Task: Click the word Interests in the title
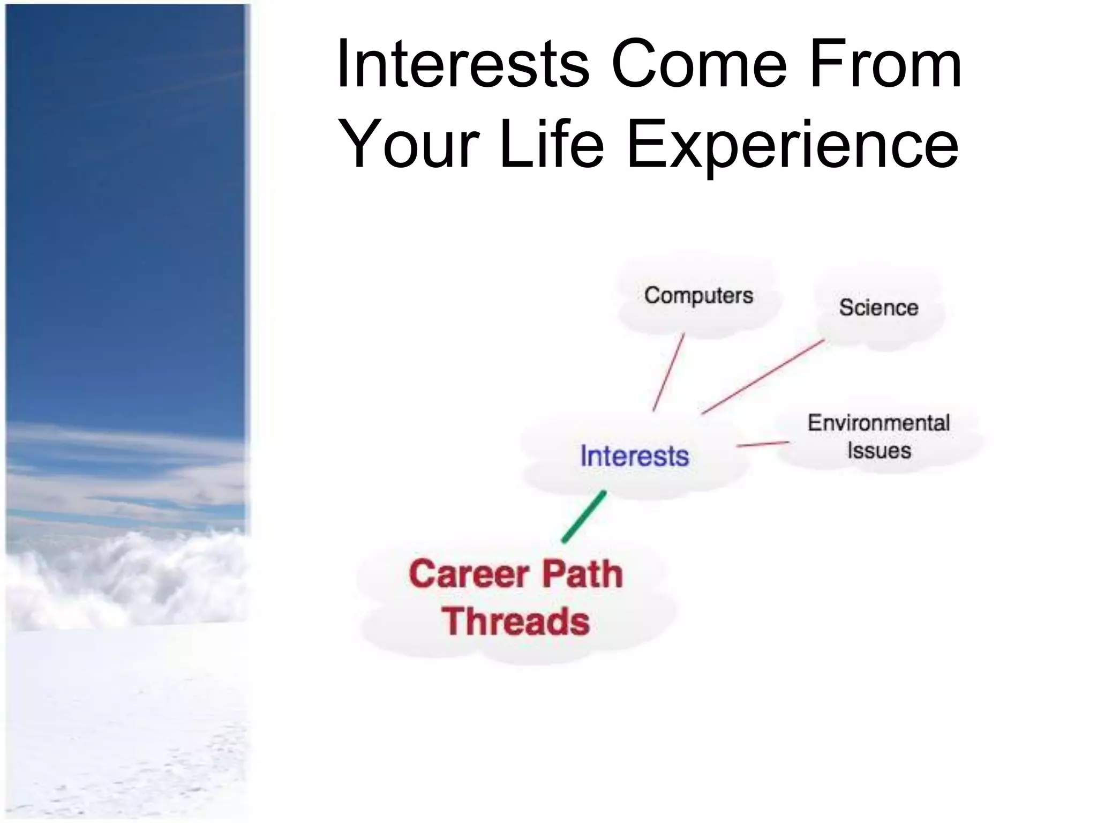click(x=463, y=65)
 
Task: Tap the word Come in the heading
click(x=700, y=65)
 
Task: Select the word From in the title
click(x=886, y=65)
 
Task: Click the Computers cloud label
click(x=698, y=296)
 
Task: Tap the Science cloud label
click(x=878, y=308)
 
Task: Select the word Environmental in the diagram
click(x=878, y=423)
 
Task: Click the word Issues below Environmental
click(x=878, y=451)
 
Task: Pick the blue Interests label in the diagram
click(x=634, y=456)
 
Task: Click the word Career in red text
click(x=469, y=574)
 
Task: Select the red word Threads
click(x=515, y=622)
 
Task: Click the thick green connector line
click(x=584, y=517)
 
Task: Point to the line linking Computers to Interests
click(x=668, y=372)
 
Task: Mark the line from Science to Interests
click(x=763, y=376)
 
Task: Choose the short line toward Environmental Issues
click(x=763, y=444)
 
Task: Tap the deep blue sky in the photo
click(x=123, y=214)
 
